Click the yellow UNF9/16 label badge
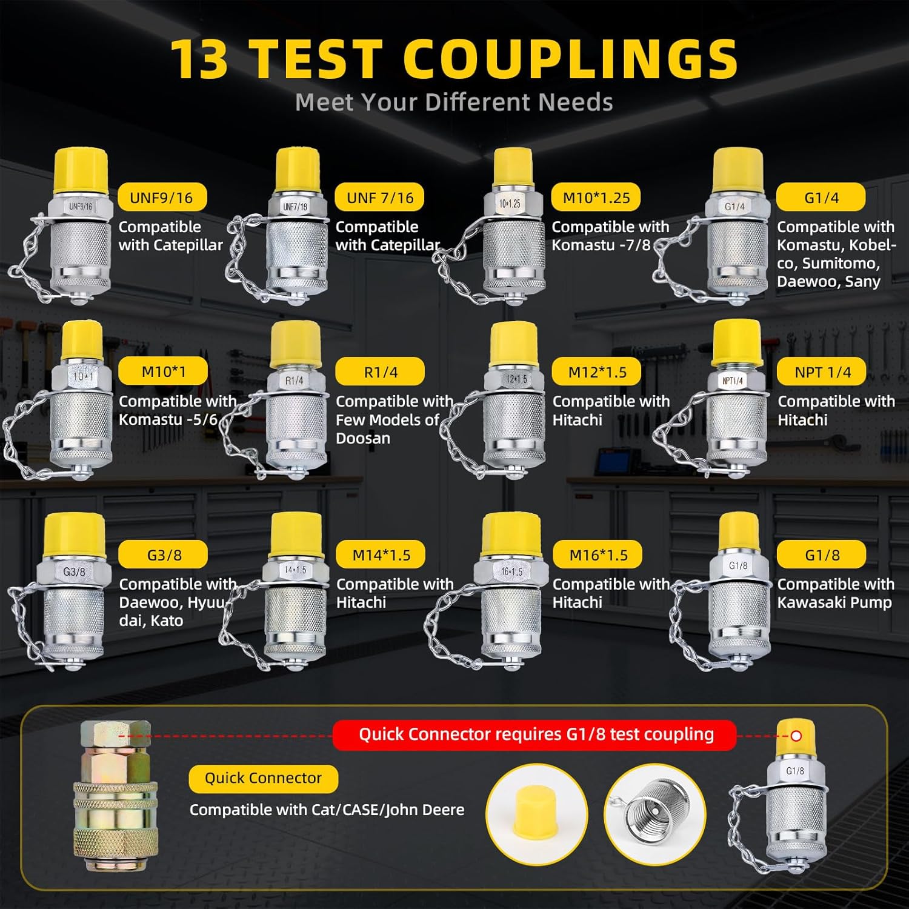click(161, 198)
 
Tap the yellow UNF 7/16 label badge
click(380, 198)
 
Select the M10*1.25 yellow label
click(596, 198)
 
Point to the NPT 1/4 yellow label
click(822, 372)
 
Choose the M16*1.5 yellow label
click(598, 554)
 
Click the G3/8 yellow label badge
click(164, 554)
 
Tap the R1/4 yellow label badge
click(380, 372)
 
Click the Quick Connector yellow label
click(263, 778)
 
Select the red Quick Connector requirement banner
click(536, 734)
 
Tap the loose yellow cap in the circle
click(536, 810)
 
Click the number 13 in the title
click(200, 59)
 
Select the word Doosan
click(363, 438)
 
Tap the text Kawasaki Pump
click(834, 602)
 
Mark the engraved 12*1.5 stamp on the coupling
click(516, 379)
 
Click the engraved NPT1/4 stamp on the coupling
click(733, 381)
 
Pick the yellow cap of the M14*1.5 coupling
click(296, 535)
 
